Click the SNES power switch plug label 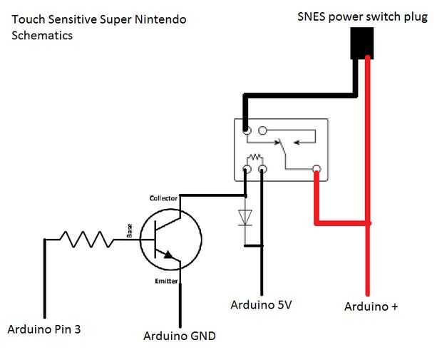pos(362,16)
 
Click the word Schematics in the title pos(43,35)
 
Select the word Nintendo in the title pos(158,19)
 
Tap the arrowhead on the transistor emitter pos(170,254)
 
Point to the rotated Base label pos(130,230)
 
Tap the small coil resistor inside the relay pos(254,158)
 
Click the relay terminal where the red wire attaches pos(317,169)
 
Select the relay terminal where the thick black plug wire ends pos(246,131)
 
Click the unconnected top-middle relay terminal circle pos(262,131)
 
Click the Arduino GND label pos(179,336)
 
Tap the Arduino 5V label pos(262,305)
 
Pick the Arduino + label pos(371,307)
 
